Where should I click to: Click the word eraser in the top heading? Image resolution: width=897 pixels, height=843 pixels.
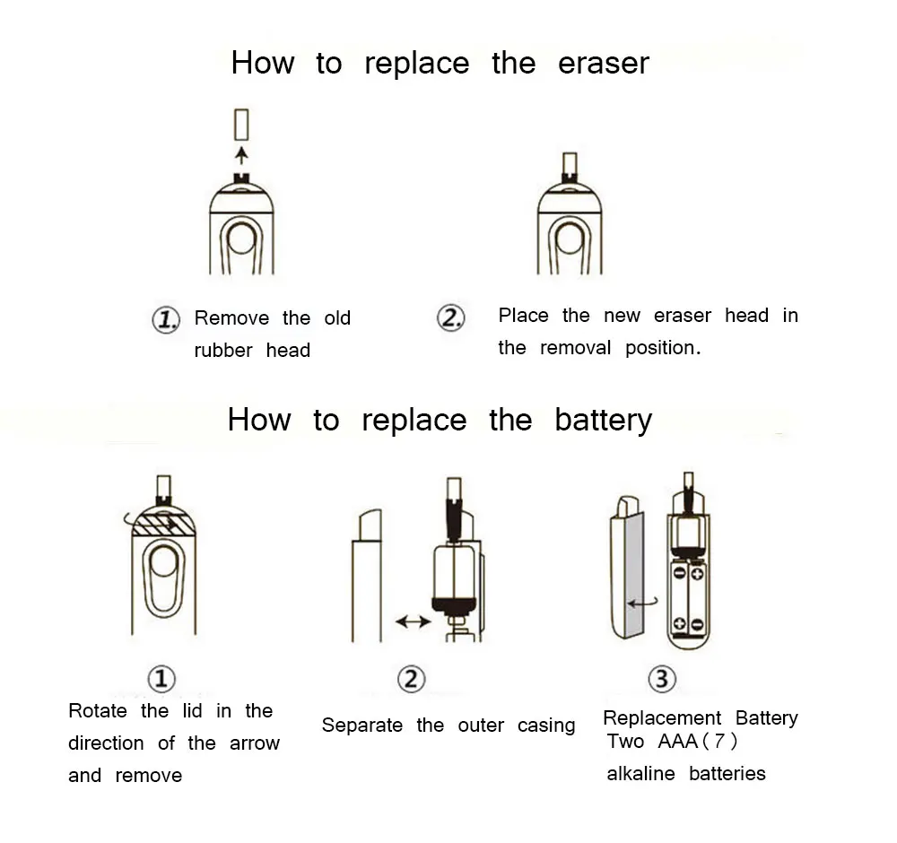(603, 64)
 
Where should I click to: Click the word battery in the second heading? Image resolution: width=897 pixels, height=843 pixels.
(603, 420)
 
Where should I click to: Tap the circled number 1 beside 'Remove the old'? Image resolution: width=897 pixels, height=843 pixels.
(166, 319)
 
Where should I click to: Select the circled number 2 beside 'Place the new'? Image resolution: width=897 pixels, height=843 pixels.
(450, 318)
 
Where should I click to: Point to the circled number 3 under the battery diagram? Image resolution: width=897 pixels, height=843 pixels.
(661, 679)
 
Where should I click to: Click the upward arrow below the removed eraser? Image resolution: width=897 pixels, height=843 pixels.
(240, 156)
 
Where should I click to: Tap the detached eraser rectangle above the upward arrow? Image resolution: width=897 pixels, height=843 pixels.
(240, 124)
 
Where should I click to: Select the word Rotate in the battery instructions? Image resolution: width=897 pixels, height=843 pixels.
(99, 711)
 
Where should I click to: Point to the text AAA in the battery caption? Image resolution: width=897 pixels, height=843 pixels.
(676, 742)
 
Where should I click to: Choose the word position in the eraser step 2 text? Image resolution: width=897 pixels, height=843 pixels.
(661, 348)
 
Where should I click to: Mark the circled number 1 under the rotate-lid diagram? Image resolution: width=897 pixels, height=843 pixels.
(161, 679)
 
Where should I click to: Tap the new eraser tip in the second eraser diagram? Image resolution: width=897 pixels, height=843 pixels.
(569, 163)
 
